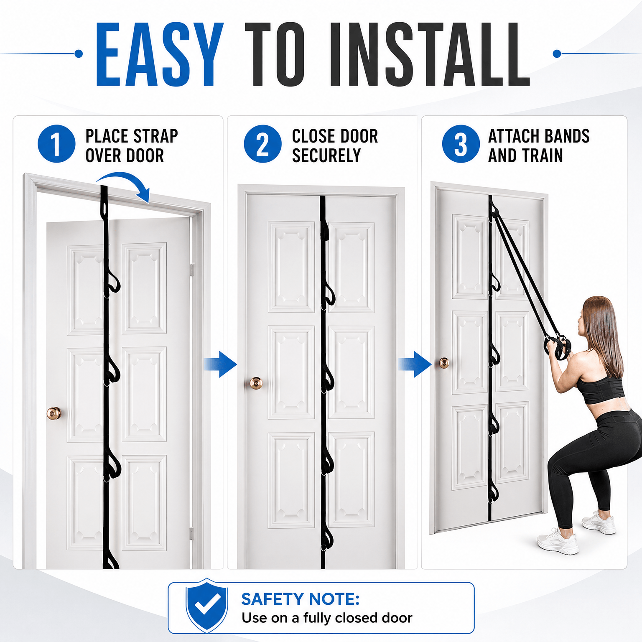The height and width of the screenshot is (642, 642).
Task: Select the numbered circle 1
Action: tap(56, 144)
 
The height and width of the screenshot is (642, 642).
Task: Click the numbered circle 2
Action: tap(263, 144)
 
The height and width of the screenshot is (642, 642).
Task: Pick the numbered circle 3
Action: tap(461, 144)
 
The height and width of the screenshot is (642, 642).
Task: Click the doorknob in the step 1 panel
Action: tap(54, 413)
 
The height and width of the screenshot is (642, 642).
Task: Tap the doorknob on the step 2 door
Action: tap(256, 383)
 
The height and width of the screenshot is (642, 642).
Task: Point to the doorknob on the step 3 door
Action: tap(444, 363)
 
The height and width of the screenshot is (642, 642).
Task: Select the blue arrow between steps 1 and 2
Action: tap(221, 364)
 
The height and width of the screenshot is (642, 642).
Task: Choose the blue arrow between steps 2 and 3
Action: tap(415, 364)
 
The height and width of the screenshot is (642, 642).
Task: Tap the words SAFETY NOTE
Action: tap(301, 599)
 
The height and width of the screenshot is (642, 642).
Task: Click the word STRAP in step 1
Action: tap(155, 136)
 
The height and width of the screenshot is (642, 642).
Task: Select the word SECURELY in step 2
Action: tap(326, 155)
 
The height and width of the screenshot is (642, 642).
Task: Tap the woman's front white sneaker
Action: tap(558, 542)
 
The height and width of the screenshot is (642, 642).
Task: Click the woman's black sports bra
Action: tap(602, 390)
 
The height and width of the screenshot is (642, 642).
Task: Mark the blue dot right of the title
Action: tap(557, 53)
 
